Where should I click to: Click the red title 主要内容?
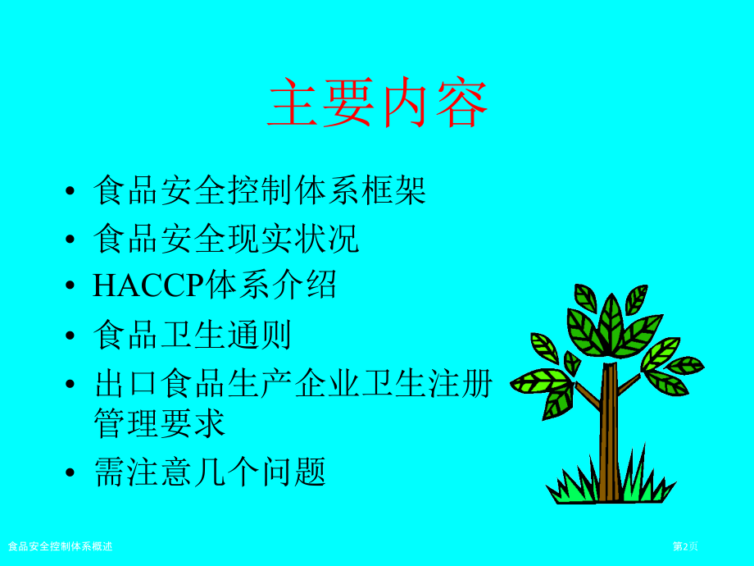point(377,103)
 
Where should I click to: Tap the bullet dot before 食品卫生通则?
point(72,337)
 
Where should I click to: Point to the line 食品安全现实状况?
point(226,239)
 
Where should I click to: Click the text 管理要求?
point(160,424)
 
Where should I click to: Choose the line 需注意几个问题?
point(210,472)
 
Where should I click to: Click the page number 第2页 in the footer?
point(685,546)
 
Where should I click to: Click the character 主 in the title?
point(294,103)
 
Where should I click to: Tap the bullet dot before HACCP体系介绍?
point(72,288)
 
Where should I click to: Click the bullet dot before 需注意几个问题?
point(72,474)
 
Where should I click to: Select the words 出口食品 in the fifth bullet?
point(160,383)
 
